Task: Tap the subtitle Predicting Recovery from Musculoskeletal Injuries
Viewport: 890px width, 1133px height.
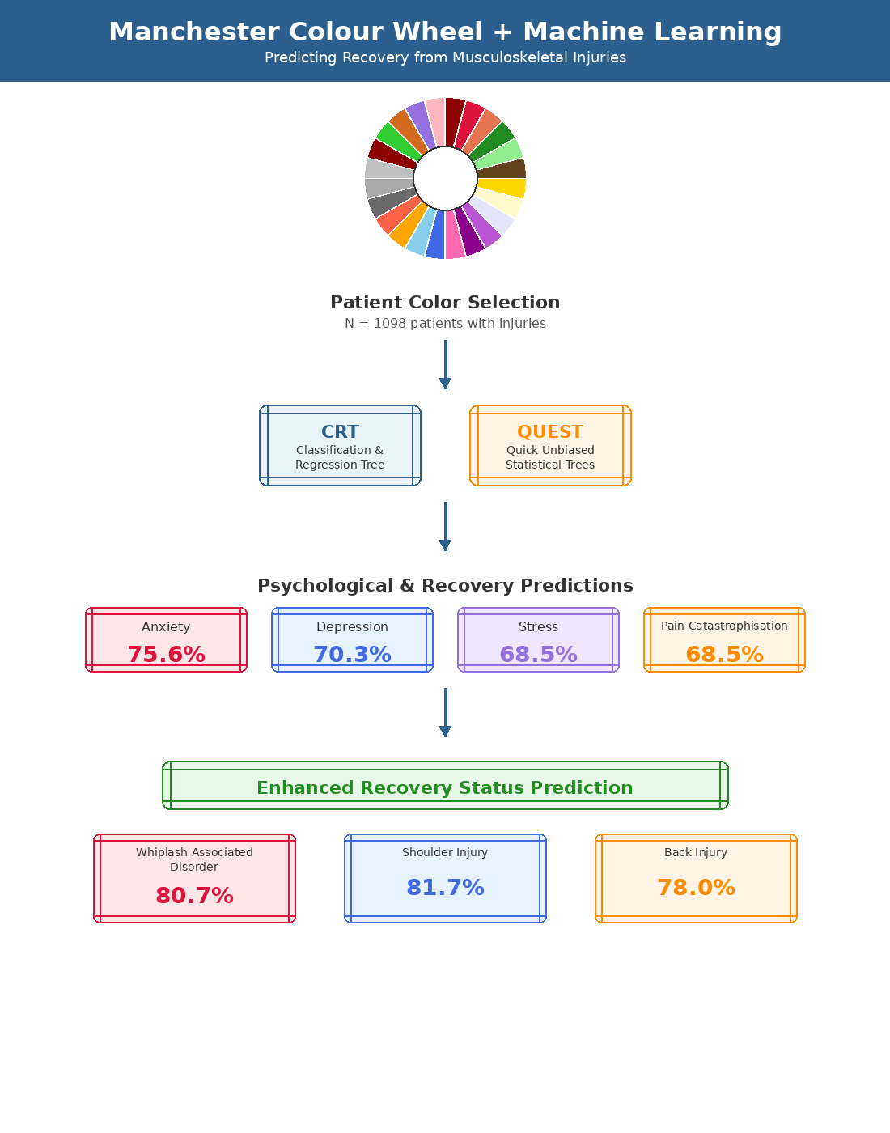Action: [445, 57]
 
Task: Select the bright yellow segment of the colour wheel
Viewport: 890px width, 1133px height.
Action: [502, 188]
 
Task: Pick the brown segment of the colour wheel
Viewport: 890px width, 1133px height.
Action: [502, 168]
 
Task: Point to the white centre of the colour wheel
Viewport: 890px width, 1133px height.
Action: [445, 178]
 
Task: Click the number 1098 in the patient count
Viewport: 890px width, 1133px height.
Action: [390, 324]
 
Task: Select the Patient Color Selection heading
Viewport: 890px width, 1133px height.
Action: [445, 302]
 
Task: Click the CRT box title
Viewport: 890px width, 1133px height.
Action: [340, 431]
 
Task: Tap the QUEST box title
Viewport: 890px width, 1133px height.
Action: [550, 431]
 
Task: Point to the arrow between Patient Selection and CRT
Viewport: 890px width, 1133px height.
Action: [445, 364]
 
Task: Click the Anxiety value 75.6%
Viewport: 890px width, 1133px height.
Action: [166, 654]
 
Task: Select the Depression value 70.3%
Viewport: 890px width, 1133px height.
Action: [352, 654]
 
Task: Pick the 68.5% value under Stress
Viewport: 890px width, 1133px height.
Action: [538, 654]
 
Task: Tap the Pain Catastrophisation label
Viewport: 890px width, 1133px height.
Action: [724, 626]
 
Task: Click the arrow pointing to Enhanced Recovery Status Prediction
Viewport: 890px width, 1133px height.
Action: [445, 712]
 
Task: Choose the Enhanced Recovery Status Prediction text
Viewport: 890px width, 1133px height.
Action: [445, 787]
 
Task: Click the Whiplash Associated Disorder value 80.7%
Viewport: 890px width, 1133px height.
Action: [194, 895]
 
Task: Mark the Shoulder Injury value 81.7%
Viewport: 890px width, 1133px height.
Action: [445, 887]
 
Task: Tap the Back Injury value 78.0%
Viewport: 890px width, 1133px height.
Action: [696, 887]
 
